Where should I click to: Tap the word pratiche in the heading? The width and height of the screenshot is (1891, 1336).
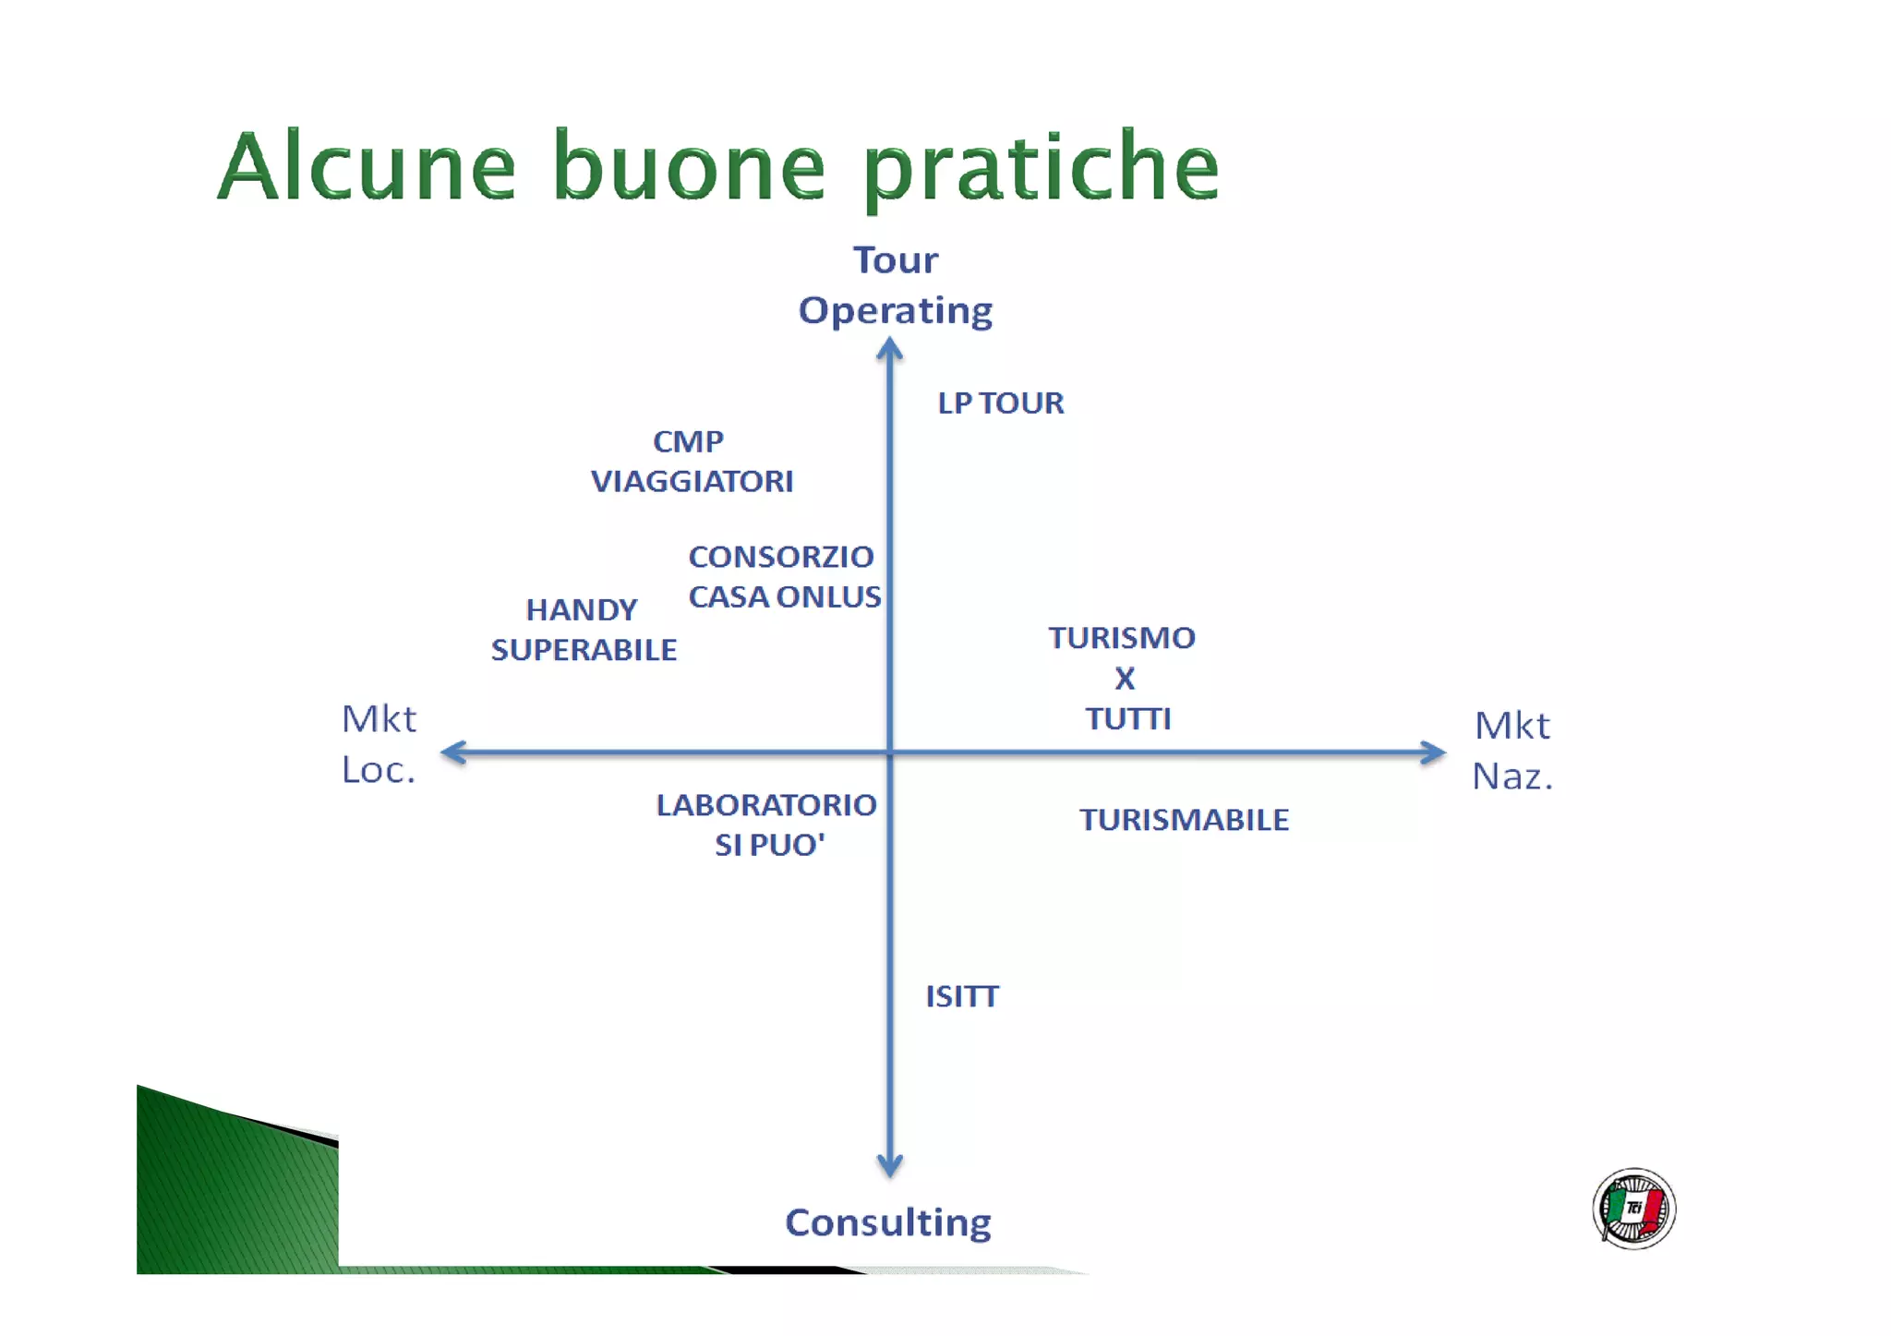coord(1042,168)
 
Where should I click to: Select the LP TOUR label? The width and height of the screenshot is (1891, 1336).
coord(1001,403)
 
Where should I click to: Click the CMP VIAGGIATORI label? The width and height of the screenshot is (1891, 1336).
coord(691,462)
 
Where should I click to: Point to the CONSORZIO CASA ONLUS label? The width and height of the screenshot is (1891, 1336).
coord(784,577)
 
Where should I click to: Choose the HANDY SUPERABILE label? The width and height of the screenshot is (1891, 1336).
coord(584,630)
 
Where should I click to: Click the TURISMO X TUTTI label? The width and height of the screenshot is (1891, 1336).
coord(1123,678)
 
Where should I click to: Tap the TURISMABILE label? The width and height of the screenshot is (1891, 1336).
coord(1184,820)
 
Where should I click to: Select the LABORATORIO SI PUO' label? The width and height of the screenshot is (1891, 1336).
coord(767,824)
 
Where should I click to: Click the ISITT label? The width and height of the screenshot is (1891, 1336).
coord(962,996)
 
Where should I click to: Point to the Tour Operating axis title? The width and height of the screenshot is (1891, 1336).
coord(895,285)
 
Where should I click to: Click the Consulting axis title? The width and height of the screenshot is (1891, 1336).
coord(887,1222)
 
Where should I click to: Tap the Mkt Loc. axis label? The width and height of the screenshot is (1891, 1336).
coord(379,744)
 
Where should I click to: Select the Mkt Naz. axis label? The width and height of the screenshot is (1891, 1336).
coord(1512,751)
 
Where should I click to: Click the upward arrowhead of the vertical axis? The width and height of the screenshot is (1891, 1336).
coord(889,349)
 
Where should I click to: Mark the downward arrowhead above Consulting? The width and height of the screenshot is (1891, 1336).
coord(889,1165)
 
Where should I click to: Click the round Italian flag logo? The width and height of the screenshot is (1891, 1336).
coord(1633,1209)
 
